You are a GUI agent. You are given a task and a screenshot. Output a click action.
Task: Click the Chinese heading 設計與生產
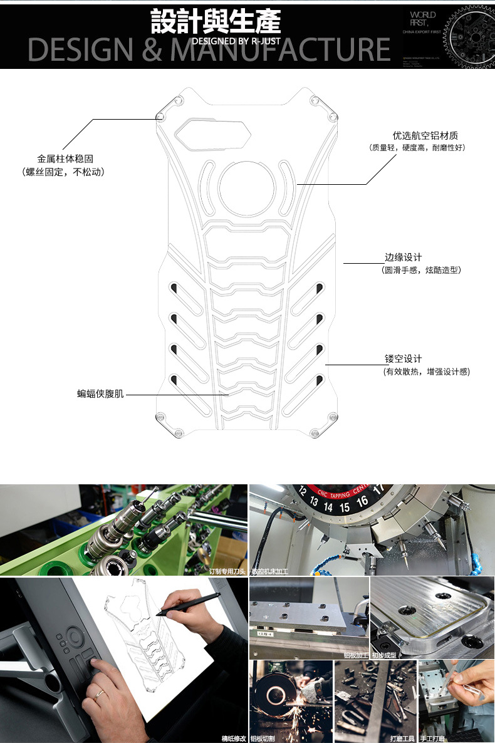tap(216, 21)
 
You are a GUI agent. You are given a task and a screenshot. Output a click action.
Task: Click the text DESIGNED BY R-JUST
tap(236, 41)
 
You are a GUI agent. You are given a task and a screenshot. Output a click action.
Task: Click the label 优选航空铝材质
tap(425, 135)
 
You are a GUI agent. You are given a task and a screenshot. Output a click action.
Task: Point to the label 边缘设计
tap(403, 257)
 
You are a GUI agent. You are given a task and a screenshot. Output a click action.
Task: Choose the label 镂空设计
tap(403, 359)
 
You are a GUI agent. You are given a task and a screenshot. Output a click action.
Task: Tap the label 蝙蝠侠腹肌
tap(101, 394)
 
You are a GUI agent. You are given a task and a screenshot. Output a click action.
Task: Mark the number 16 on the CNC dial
tap(362, 501)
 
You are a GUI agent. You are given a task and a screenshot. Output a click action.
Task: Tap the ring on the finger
tap(100, 694)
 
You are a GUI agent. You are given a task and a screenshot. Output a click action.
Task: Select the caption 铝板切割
tap(263, 739)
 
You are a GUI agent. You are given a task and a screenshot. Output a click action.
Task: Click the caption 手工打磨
tap(432, 739)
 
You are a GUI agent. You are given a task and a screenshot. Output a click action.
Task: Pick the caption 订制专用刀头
tap(227, 571)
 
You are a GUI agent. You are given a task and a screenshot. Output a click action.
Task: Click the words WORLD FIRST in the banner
tap(424, 18)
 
